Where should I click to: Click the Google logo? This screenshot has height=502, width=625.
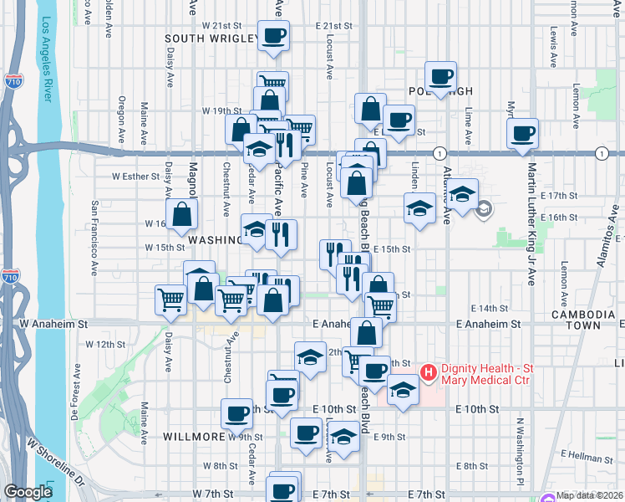28,492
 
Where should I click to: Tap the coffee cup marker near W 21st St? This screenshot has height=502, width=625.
274,37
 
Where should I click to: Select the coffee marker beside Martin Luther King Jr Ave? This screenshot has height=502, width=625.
522,134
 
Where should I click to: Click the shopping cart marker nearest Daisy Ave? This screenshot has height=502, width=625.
171,300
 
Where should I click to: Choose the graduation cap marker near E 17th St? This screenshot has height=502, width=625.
461,196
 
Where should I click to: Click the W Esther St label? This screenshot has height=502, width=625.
135,177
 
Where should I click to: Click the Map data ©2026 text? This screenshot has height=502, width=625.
590,495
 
